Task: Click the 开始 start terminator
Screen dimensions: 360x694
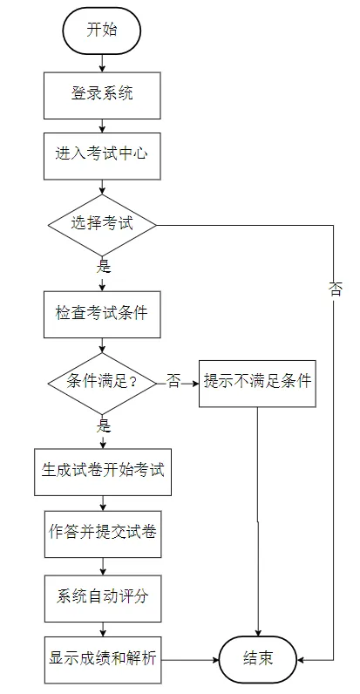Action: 102,31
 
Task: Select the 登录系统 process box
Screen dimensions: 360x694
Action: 102,95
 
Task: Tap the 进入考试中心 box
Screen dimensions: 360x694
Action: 102,156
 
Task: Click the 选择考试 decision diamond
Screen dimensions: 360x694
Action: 102,225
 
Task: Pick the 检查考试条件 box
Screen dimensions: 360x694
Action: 102,314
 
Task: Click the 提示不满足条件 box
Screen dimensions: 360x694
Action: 257,384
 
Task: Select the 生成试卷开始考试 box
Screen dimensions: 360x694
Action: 103,472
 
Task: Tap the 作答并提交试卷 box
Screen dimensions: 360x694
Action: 103,534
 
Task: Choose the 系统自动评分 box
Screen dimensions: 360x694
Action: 103,598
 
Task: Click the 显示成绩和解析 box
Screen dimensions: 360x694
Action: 103,660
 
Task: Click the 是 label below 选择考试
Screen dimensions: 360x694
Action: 103,267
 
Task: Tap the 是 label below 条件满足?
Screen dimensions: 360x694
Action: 103,425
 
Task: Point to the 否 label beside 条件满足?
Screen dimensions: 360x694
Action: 173,382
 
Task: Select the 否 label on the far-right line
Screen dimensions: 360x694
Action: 335,290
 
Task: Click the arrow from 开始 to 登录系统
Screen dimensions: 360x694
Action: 102,64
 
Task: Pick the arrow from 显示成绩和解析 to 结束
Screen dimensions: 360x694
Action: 191,660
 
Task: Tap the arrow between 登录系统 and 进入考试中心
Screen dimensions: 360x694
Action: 102,126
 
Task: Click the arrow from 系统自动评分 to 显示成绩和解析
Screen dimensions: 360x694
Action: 103,629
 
